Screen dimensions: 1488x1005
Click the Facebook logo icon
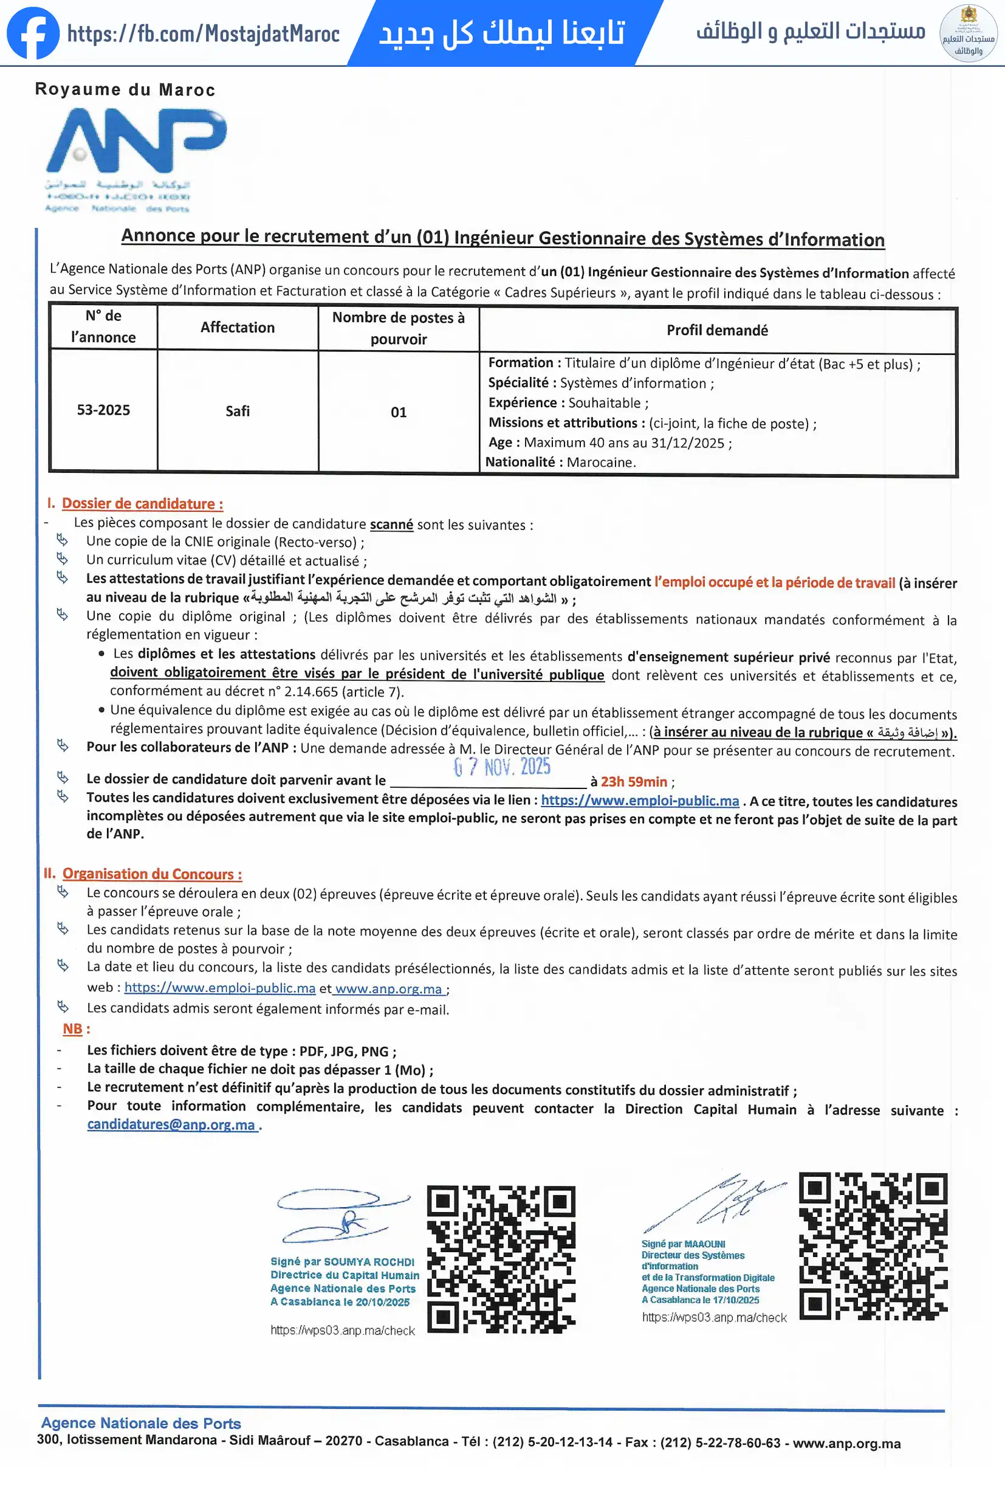coord(33,33)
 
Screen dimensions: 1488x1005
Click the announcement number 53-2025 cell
coord(104,410)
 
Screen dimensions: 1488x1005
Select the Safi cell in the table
coord(238,411)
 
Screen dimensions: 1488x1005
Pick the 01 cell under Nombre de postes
coord(398,412)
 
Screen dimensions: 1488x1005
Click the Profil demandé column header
coord(717,331)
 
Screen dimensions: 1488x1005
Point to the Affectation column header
coord(238,328)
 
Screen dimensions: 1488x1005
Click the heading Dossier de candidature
coord(142,504)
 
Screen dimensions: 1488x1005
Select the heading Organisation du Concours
coord(152,874)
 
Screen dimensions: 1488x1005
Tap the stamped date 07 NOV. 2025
coord(502,767)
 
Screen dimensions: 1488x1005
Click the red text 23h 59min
coord(634,782)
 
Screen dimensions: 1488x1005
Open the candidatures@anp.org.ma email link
coord(171,1125)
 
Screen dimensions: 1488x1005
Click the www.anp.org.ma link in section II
coord(388,988)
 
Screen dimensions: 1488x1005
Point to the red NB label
coord(72,1029)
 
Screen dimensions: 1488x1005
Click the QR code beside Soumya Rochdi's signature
coord(501,1259)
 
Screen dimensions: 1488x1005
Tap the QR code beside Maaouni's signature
coord(873,1246)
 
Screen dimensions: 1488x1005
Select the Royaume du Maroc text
coord(125,89)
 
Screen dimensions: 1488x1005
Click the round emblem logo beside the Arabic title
coord(968,33)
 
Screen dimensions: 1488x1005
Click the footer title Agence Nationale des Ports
coord(141,1423)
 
